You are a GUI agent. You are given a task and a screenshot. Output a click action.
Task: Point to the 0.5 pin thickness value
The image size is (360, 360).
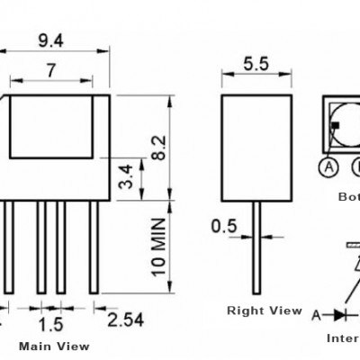[224, 226]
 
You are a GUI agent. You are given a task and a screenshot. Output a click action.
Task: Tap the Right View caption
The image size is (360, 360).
[264, 310]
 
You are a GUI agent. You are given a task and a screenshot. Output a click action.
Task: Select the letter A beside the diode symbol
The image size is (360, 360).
[316, 314]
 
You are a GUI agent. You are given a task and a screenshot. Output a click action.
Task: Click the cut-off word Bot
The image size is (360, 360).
[348, 196]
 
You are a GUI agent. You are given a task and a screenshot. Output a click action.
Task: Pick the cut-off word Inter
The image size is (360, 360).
[343, 339]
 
